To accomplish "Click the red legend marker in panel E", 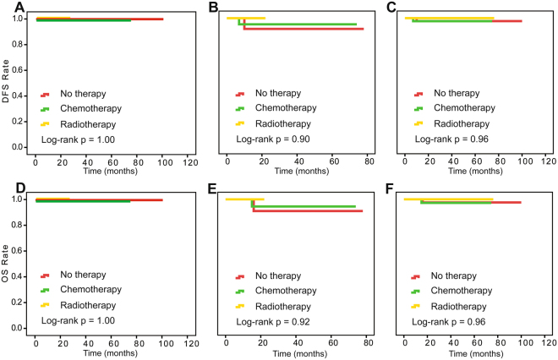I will pos(241,275).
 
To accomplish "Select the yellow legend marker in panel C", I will pos(418,123).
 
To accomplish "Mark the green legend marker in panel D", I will pos(46,291).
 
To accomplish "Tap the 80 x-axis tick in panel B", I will pos(369,160).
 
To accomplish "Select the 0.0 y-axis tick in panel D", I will pos(18,328).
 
